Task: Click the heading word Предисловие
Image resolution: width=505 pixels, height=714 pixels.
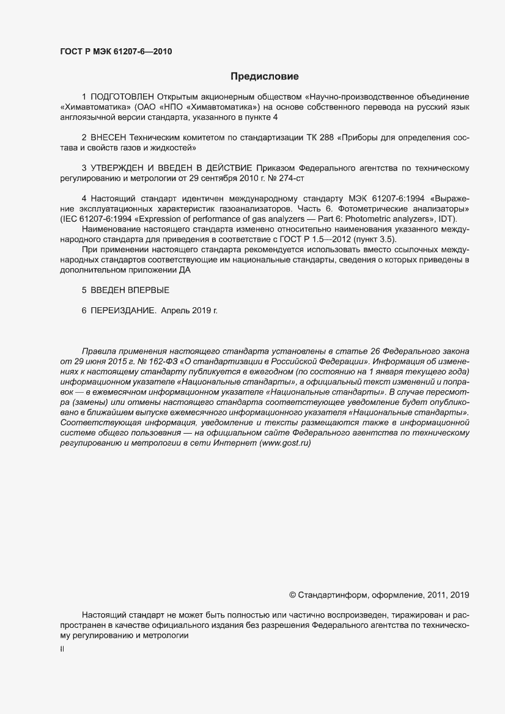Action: click(264, 77)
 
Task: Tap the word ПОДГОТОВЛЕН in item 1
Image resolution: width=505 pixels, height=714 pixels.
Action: click(122, 97)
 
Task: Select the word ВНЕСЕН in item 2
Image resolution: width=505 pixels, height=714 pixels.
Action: click(108, 138)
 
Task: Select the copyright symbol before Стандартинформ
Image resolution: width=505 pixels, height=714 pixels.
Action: click(292, 594)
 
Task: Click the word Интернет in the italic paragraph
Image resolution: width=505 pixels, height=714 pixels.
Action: click(235, 443)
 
